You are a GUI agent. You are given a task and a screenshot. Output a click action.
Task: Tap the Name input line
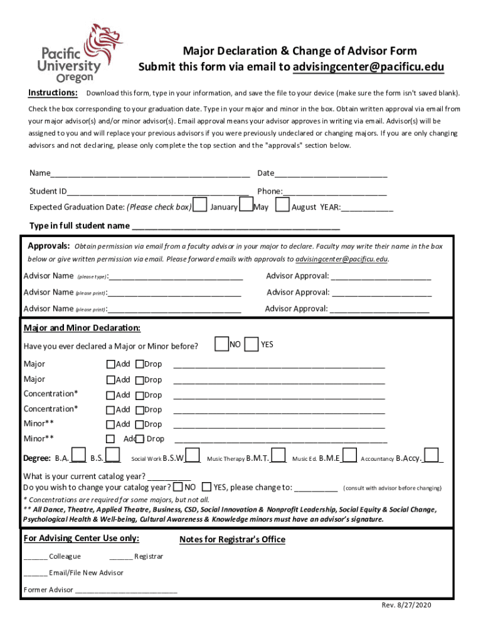point(150,174)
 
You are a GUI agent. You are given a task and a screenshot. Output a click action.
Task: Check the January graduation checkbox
point(199,205)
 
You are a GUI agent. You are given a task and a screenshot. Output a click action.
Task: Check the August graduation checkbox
point(283,205)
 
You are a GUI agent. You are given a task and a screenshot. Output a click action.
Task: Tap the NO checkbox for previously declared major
point(221,344)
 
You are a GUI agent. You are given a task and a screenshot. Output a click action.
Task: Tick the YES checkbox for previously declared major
point(252,344)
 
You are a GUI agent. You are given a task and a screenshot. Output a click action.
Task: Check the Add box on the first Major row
point(111,364)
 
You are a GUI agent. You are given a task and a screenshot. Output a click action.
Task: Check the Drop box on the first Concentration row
point(140,395)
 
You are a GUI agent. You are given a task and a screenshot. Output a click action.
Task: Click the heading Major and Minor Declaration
point(82,328)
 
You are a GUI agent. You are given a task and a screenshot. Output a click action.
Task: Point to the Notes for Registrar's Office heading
point(232,540)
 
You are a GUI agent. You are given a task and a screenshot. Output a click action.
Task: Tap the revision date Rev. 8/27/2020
point(406,605)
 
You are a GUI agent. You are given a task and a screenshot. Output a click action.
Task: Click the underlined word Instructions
point(53,93)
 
